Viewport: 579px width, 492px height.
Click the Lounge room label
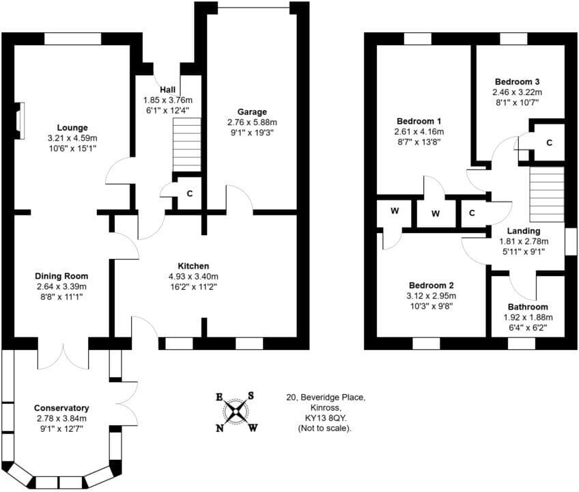72,127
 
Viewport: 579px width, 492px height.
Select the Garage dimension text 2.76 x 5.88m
252,123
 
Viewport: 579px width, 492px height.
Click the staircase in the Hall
186,144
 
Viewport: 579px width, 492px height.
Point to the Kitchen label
193,266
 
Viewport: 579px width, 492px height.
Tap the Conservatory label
59,408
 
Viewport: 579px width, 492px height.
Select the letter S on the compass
251,396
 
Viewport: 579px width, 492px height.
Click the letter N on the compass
220,428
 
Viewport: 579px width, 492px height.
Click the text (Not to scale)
325,428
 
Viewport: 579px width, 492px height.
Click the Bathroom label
527,307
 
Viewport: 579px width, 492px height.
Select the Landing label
524,231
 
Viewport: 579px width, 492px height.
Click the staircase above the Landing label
546,194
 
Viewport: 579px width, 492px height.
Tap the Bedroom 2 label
432,286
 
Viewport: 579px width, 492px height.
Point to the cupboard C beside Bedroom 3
549,143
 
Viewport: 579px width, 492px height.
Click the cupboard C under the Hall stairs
190,193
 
